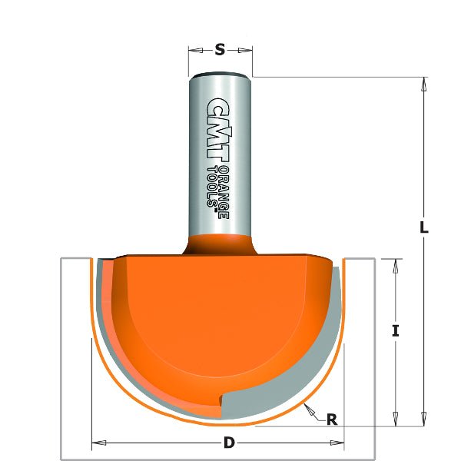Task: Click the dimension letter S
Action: point(220,51)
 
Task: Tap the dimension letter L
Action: point(424,227)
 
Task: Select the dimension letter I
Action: point(395,331)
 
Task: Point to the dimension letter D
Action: point(228,443)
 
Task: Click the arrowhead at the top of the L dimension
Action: point(422,83)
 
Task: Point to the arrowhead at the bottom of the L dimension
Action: point(422,419)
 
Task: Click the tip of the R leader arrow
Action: point(305,404)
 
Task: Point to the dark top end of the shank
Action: point(221,75)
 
